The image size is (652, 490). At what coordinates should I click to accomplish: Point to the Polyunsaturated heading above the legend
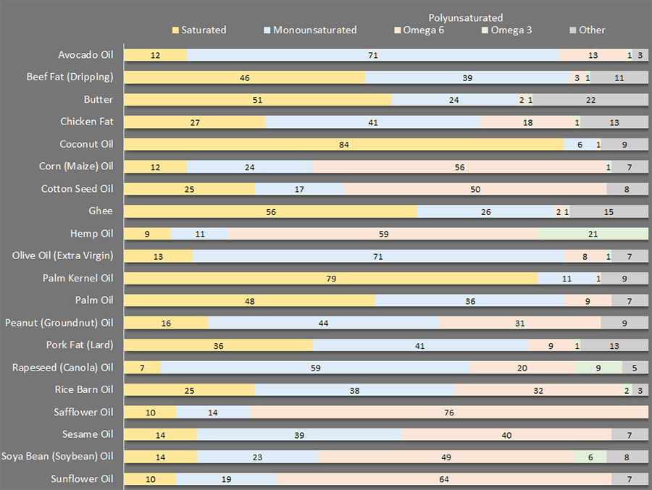click(x=465, y=17)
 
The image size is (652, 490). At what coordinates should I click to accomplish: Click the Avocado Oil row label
click(x=85, y=55)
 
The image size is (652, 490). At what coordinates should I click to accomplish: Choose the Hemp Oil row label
click(x=92, y=234)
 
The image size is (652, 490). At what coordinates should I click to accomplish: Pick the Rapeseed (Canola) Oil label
click(x=63, y=368)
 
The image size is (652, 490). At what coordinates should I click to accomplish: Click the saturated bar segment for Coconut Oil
click(x=343, y=145)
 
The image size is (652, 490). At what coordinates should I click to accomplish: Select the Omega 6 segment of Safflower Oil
click(x=448, y=413)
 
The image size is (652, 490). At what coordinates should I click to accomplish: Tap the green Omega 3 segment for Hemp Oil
click(x=593, y=234)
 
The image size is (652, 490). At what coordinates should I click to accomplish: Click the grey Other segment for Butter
click(x=590, y=100)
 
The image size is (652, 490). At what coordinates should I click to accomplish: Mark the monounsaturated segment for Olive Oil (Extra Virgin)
click(x=377, y=256)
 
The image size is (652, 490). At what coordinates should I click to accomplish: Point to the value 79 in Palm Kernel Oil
click(x=331, y=279)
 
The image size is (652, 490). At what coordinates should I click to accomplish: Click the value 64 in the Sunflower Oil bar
click(x=443, y=479)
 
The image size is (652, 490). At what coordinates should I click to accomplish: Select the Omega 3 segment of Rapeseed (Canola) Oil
click(x=598, y=368)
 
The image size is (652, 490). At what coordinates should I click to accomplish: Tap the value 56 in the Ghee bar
click(x=271, y=211)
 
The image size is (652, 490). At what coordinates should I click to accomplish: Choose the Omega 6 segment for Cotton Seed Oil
click(x=475, y=189)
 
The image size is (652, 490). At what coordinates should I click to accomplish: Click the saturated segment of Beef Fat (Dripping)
click(x=245, y=77)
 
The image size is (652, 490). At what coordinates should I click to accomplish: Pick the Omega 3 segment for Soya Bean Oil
click(x=590, y=457)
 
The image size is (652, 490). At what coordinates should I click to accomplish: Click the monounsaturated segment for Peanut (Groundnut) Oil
click(x=323, y=323)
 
